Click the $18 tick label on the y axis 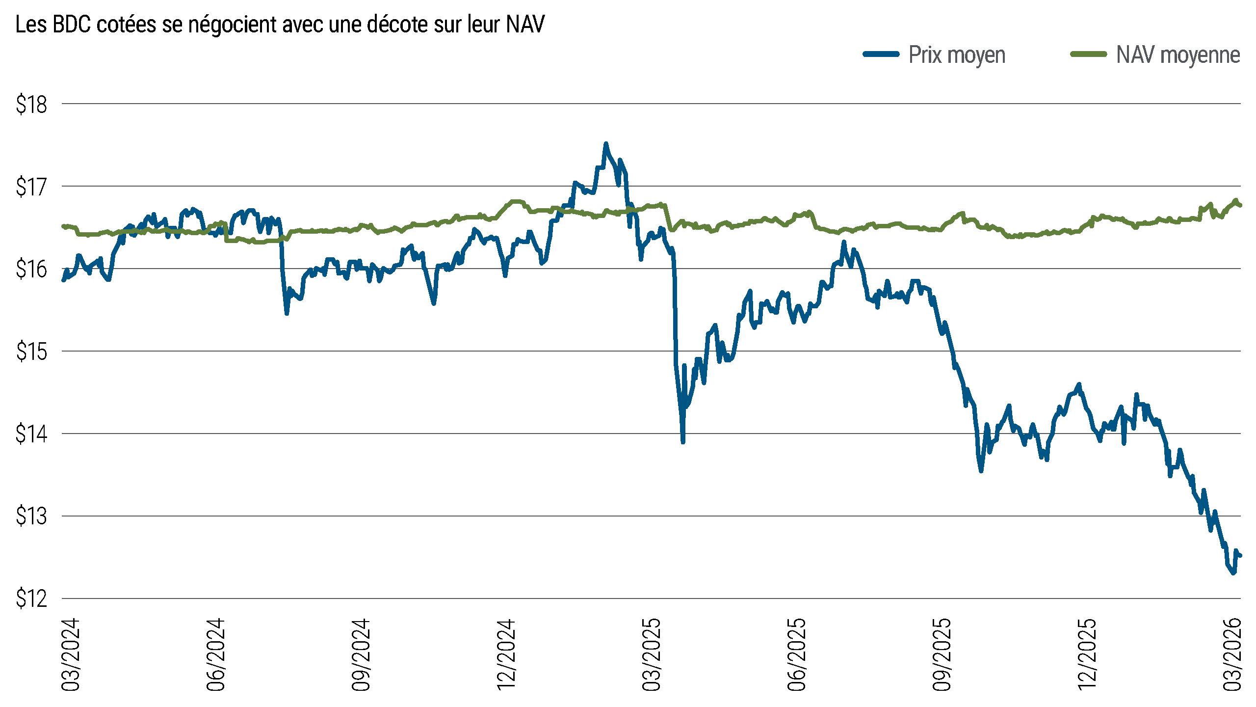coord(31,105)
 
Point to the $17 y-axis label coord(31,187)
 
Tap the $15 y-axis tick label coord(31,352)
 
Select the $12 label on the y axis coord(31,599)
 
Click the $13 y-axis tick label coord(31,517)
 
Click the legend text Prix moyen coord(957,55)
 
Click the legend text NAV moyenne coord(1178,55)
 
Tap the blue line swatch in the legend coord(881,54)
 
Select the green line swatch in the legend coord(1088,54)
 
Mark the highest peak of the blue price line coord(606,143)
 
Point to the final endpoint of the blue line coord(1240,555)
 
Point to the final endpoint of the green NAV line coord(1240,205)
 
